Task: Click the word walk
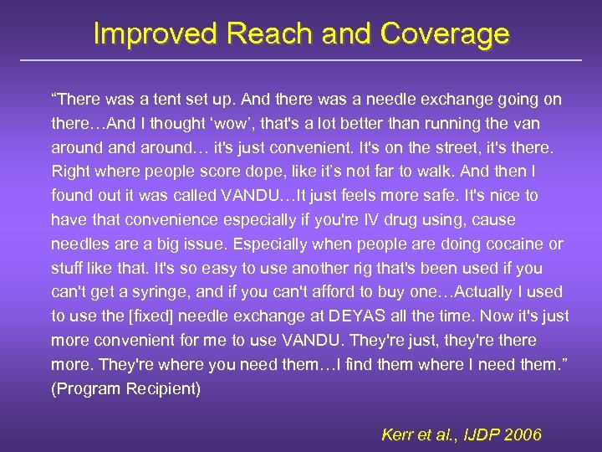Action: [x=431, y=172]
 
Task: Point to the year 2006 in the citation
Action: [x=523, y=435]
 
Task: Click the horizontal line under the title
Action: [x=301, y=60]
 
